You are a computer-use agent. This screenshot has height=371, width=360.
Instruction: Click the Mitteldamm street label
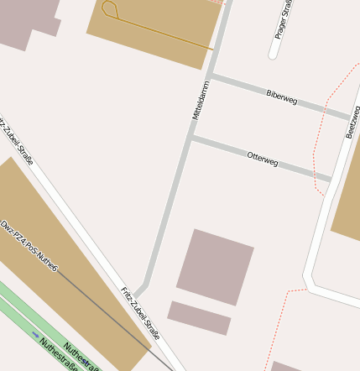coord(200,100)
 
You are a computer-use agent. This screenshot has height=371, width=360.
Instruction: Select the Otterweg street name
coord(262,159)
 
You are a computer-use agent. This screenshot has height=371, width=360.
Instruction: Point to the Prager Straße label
coord(284,20)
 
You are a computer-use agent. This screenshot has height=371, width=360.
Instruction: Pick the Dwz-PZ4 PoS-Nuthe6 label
coord(29,245)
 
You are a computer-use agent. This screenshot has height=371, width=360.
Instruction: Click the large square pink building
coord(215,266)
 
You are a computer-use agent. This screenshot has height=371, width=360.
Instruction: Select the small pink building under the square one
coord(199,318)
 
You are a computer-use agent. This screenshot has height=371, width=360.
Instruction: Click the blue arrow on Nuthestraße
coord(35,335)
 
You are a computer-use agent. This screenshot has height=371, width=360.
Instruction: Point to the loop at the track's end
coord(109,9)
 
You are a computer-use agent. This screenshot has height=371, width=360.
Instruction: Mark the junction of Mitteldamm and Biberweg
coord(211,76)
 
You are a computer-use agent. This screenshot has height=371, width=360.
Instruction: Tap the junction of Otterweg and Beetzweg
coord(331,178)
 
